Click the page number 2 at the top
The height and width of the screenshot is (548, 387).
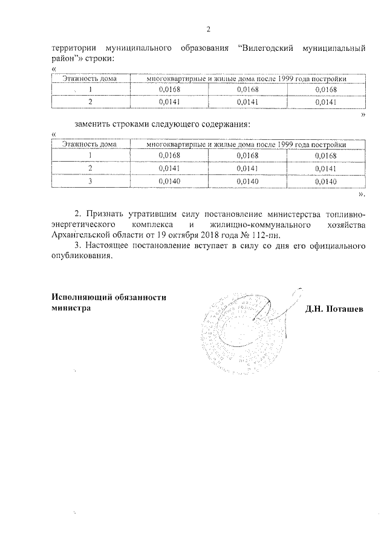[208, 29]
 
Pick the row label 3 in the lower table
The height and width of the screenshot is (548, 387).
[90, 181]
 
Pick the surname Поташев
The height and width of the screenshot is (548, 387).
[342, 308]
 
